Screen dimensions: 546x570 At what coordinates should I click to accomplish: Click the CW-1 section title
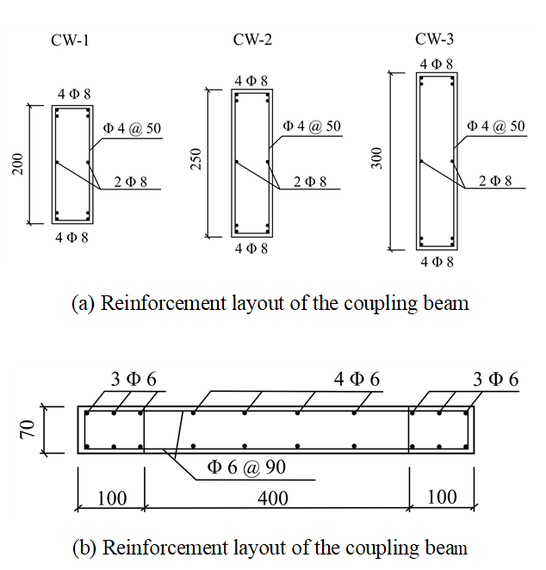[70, 40]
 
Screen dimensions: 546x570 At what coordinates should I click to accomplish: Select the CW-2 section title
[252, 40]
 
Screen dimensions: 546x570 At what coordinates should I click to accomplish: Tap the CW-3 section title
[434, 39]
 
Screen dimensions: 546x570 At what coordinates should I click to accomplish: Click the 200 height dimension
[18, 164]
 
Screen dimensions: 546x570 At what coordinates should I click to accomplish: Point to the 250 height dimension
[196, 158]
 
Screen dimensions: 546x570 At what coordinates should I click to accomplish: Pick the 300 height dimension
[377, 158]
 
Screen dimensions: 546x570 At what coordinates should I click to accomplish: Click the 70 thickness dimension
[28, 430]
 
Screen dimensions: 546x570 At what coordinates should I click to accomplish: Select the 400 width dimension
[273, 498]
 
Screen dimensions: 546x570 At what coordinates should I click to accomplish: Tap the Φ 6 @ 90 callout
[246, 467]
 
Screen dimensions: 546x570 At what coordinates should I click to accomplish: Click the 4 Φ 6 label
[357, 379]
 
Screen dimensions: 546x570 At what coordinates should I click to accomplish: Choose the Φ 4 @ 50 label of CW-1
[132, 128]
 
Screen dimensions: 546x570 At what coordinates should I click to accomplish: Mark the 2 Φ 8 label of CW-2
[310, 182]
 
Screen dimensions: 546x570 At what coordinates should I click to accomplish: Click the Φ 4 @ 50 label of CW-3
[496, 127]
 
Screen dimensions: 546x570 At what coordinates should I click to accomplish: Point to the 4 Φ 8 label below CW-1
[71, 238]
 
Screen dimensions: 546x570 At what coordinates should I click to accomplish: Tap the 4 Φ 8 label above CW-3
[437, 65]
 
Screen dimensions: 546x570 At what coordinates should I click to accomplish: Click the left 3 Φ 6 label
[133, 379]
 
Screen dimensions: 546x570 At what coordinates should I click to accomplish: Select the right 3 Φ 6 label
[496, 379]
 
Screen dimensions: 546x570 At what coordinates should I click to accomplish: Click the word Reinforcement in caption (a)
[164, 303]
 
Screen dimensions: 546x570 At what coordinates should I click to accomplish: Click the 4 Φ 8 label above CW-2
[251, 81]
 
